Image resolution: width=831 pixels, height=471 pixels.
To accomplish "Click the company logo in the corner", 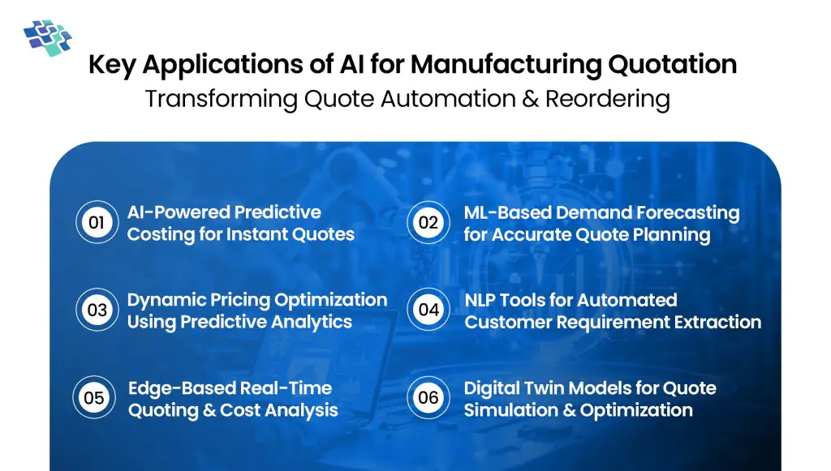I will point(47,36).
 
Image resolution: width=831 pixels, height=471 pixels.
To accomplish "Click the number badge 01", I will point(97,223).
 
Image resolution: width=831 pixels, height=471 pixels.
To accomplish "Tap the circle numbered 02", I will point(428,223).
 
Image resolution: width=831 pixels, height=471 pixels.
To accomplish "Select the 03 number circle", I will point(97,310).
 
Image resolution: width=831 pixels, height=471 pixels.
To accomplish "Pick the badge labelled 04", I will point(428,310).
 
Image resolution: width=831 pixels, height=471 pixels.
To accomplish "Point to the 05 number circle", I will point(94,398).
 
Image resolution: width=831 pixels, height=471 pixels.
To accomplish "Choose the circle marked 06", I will point(428,398).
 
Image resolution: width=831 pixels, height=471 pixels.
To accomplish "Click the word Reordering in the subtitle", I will point(608,99).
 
